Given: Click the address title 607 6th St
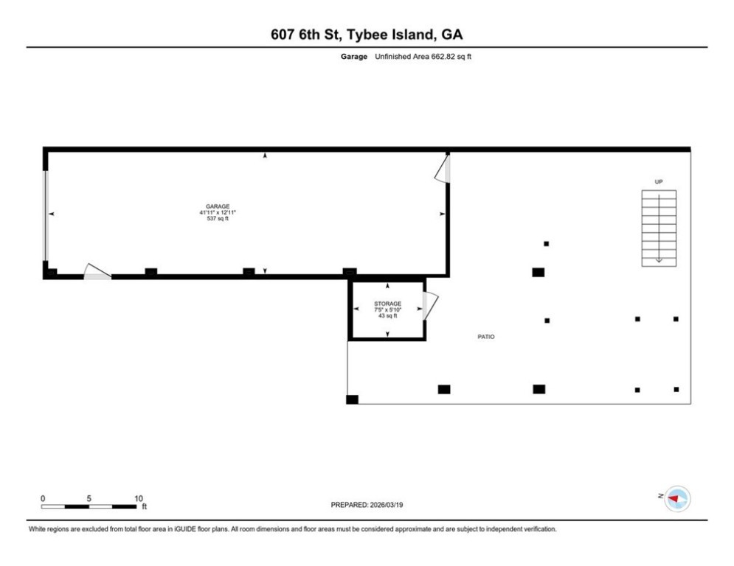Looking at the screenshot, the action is coord(304,34).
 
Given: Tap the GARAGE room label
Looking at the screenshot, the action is coord(218,206).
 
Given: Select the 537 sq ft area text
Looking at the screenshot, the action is coord(218,218).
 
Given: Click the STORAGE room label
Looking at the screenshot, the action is coord(387,304).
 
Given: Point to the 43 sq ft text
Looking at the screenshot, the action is coord(387,315).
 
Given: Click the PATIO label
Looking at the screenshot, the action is coord(486,337).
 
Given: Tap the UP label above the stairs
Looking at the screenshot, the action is coord(659,182).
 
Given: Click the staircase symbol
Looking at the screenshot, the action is coord(659,228).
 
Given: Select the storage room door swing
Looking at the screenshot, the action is coord(430,307).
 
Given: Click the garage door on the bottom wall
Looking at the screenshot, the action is coord(97,272).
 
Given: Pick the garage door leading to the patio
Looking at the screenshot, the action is coord(443,169).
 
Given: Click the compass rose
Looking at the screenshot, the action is coord(677,499).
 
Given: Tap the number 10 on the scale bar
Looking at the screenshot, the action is coord(139,499).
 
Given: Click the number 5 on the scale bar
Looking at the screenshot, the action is coord(89,499).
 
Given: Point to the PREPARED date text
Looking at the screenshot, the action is coord(367,505).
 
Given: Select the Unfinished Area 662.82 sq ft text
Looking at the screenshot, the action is coord(423,57).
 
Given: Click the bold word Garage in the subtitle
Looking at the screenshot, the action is coord(354,57).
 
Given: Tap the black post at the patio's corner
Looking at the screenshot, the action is coord(352,399).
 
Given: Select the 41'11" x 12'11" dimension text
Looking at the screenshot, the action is coord(218,212).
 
